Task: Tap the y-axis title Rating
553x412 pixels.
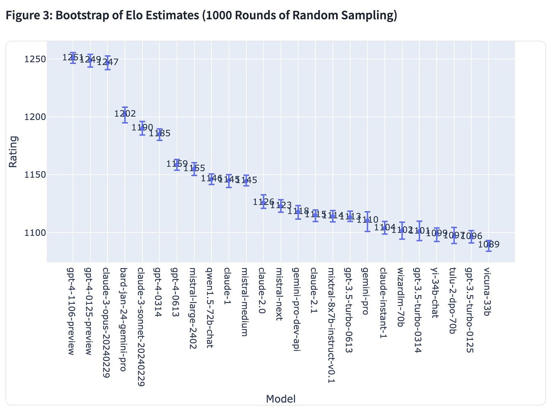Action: tap(13, 152)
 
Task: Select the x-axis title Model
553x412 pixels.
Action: tap(281, 399)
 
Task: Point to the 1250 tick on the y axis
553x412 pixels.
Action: tap(35, 59)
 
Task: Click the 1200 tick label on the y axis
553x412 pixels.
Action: tap(35, 117)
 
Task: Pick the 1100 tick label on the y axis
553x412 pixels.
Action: tap(35, 233)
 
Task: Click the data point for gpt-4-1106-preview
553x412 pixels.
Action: tap(73, 58)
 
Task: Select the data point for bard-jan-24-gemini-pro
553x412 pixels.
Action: tap(125, 114)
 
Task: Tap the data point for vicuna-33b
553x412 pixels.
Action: tap(489, 245)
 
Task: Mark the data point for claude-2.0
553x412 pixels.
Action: tap(264, 202)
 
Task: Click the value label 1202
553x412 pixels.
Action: tap(125, 114)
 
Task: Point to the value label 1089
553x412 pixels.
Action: tap(489, 244)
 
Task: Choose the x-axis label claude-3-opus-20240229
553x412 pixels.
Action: tap(106, 322)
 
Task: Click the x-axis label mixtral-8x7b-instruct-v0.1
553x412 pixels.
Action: tap(331, 325)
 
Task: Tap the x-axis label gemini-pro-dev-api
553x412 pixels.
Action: tap(297, 309)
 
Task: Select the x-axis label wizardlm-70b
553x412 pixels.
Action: tap(400, 297)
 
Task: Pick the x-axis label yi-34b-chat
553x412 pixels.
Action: tap(435, 292)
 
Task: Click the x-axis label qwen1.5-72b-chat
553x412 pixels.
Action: tap(210, 308)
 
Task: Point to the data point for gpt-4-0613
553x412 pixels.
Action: tap(177, 164)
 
